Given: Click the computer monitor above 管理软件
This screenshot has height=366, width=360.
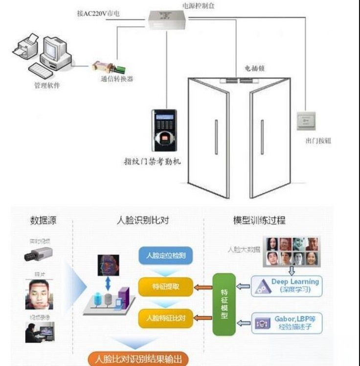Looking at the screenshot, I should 55,50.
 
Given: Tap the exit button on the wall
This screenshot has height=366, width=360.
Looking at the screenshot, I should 306,120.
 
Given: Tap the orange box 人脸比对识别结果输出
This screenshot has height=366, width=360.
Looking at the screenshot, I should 138,360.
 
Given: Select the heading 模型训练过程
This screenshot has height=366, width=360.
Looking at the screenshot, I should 259,220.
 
